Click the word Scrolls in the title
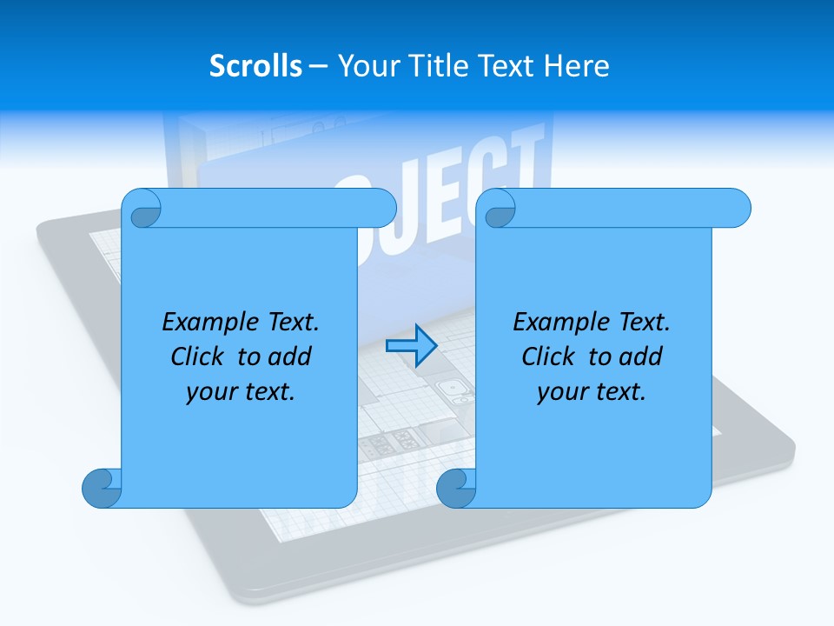pos(256,66)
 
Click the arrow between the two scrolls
pos(411,345)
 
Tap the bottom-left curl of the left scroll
pos(101,489)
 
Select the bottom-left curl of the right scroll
pos(455,489)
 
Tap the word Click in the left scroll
pos(200,356)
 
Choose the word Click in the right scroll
pos(551,356)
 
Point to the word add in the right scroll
pos(641,356)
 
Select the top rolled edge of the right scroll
pos(625,208)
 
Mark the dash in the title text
pos(319,66)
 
